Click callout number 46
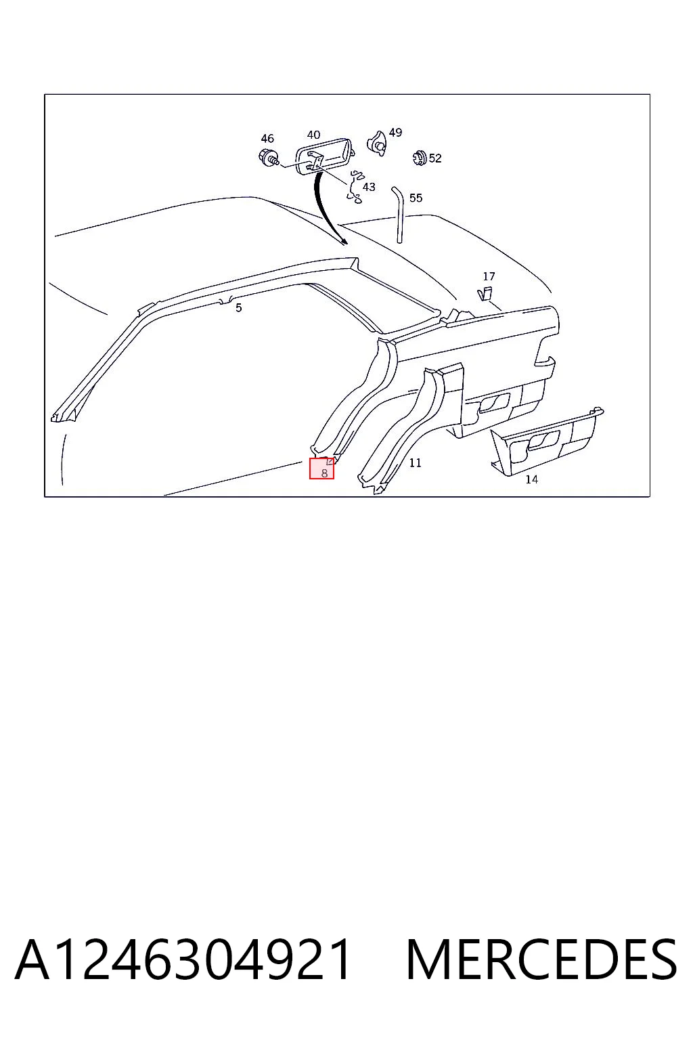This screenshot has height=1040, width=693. [x=267, y=138]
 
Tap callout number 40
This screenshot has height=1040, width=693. [x=314, y=135]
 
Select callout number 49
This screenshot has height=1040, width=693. [x=395, y=132]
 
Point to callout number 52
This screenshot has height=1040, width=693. [x=435, y=158]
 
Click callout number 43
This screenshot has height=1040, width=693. [x=369, y=187]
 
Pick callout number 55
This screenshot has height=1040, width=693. [x=416, y=198]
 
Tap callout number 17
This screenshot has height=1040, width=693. [x=489, y=277]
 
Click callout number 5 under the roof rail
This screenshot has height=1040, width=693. [x=239, y=308]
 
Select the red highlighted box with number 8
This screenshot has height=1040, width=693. [x=321, y=468]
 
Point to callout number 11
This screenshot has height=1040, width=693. [x=416, y=463]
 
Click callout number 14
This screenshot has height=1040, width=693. [x=531, y=479]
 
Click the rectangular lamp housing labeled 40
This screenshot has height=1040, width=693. [x=324, y=156]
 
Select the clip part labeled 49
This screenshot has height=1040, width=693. [x=376, y=144]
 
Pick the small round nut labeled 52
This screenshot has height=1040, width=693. [x=420, y=158]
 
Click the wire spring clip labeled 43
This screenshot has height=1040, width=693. [x=355, y=187]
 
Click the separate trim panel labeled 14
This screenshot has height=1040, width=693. [x=547, y=441]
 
